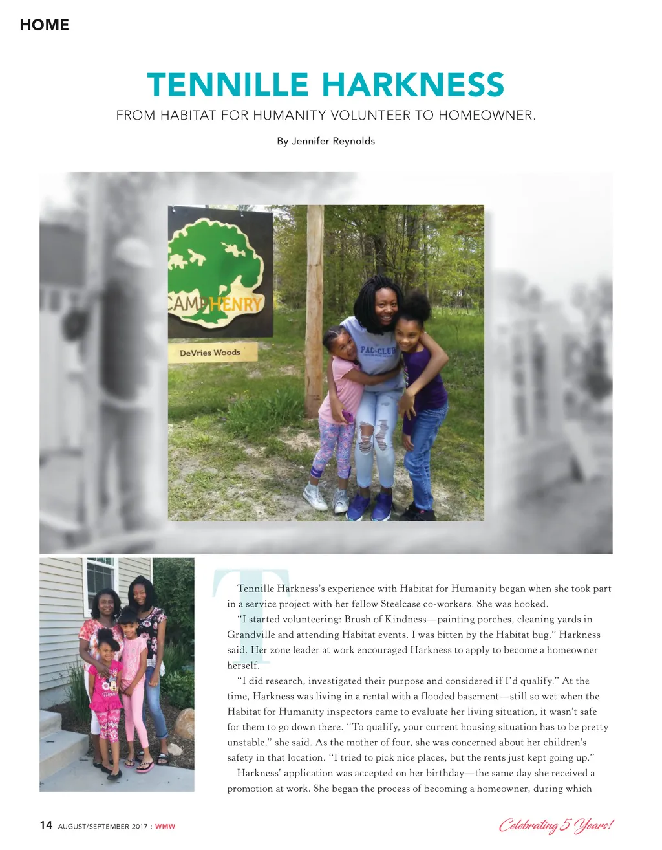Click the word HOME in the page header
(44, 25)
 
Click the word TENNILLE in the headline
(228, 85)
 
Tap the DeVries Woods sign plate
(210, 353)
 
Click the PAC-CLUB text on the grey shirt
(377, 351)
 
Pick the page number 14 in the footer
(46, 825)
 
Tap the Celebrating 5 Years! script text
(555, 825)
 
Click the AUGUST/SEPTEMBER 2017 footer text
(103, 826)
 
